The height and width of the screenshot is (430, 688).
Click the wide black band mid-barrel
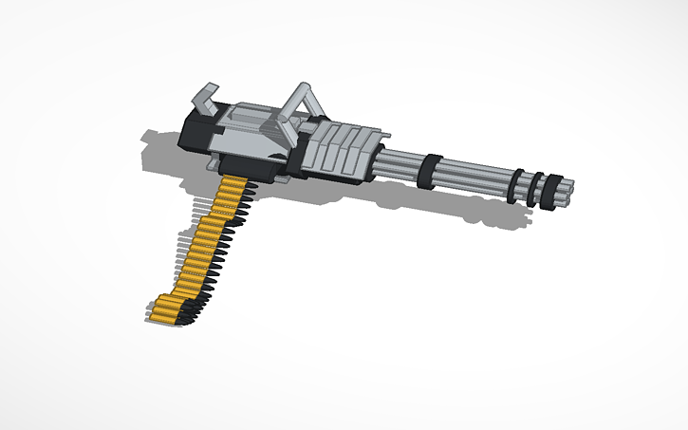tap(428, 170)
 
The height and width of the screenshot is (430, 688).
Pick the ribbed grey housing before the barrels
tap(342, 152)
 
